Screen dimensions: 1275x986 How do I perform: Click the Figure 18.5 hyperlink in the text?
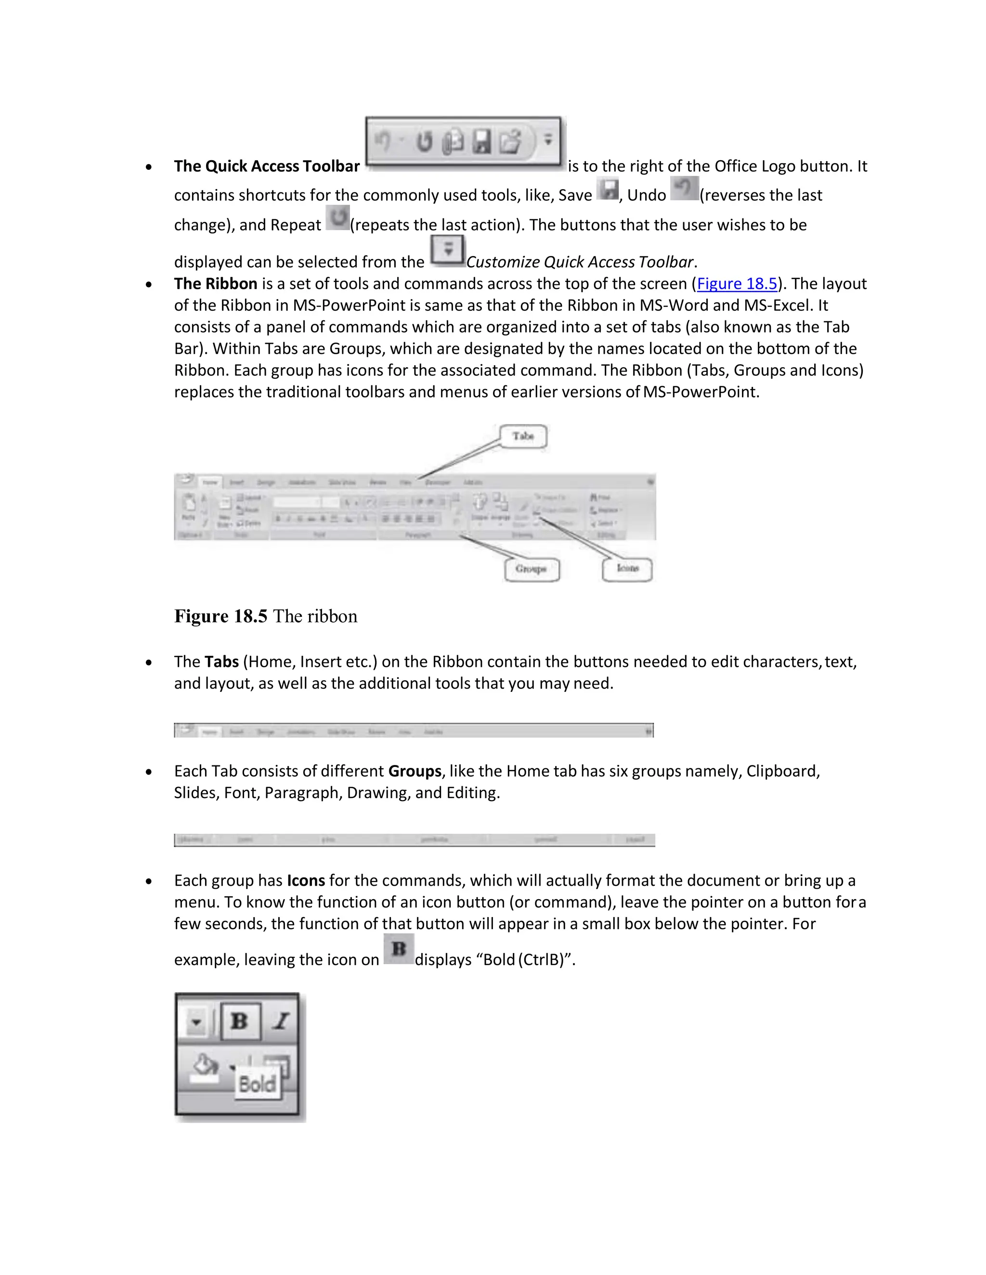737,284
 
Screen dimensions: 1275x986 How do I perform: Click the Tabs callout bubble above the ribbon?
523,436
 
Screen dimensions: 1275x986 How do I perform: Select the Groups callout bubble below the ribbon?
531,569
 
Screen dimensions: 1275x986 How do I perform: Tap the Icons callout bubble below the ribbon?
627,568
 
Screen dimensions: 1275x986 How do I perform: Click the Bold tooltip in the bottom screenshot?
257,1084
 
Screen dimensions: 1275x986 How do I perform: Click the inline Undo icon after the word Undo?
684,189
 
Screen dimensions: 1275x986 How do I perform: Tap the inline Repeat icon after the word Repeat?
337,218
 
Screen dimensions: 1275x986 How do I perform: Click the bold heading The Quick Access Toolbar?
266,166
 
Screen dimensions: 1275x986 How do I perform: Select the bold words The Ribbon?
216,284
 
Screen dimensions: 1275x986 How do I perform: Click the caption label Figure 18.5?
221,616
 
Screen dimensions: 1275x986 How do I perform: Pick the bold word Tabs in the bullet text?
221,662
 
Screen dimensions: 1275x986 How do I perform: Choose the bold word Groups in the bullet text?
415,771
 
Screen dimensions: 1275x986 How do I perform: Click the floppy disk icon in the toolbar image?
481,141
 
